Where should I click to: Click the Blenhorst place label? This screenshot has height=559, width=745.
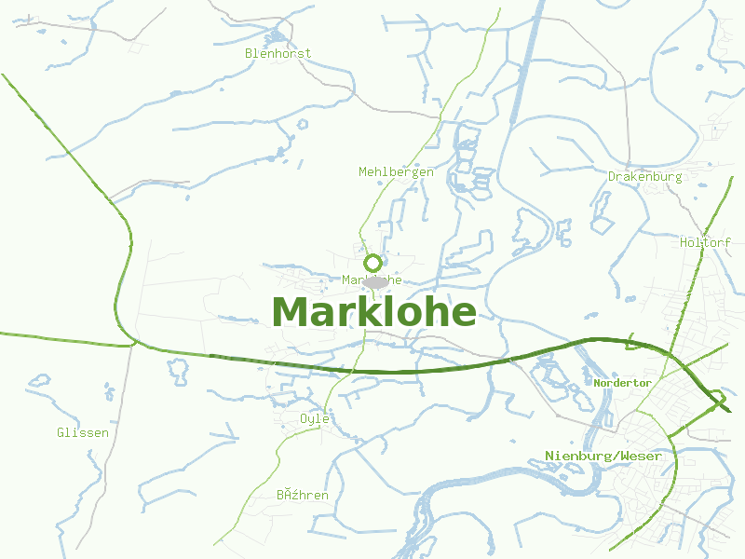coord(278,53)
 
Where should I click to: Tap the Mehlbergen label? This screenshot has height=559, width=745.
coord(396,171)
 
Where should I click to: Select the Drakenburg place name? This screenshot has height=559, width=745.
coord(644,176)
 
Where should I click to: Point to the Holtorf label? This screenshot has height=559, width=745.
coord(705,242)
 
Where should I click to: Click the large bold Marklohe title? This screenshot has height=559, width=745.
coord(374,312)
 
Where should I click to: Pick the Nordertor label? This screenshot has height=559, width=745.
coord(623,383)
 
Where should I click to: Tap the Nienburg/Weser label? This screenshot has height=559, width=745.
coord(603,456)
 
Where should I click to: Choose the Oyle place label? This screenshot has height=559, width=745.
coord(315,418)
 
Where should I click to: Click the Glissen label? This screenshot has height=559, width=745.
coord(82,432)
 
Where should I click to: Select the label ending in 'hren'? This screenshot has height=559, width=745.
coord(302,495)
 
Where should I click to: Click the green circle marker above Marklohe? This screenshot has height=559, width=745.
coord(373,263)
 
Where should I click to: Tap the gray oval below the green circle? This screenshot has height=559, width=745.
coord(376,281)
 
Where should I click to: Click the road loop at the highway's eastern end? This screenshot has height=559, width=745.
coord(718,401)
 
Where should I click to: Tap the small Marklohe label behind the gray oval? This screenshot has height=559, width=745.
coord(372,279)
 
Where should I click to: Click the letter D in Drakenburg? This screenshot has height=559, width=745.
coord(612,176)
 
